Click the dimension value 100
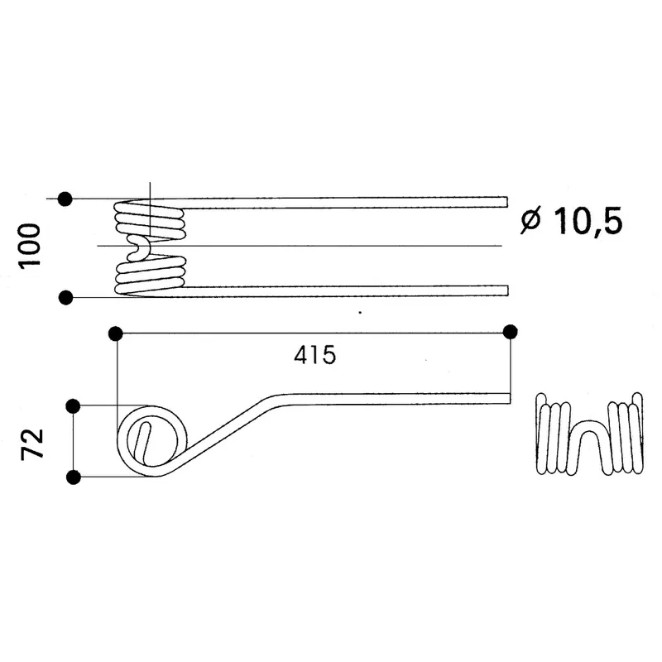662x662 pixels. coord(29,246)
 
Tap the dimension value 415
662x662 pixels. coord(315,355)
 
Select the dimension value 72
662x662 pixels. coord(32,444)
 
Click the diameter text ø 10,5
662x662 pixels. coord(572,221)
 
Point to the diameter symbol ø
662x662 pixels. coord(531,221)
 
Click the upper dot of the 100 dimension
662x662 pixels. coord(65,199)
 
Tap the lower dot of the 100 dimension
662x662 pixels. coord(65,298)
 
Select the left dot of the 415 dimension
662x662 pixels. coord(115,334)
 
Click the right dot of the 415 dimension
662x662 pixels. coord(511,333)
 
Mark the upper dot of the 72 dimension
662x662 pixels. coord(73,406)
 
